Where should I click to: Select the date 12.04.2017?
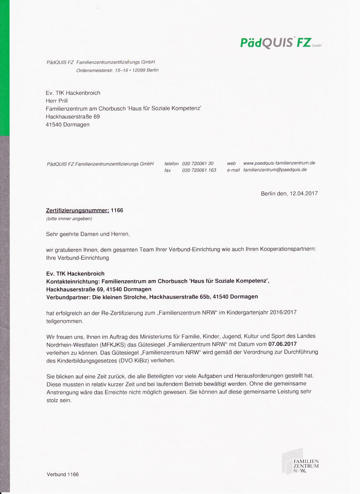[x=304, y=193]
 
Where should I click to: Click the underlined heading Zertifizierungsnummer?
[x=77, y=210]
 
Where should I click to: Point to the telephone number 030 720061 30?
[x=198, y=163]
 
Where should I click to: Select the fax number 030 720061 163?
[x=199, y=170]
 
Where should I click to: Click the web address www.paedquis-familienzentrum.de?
[x=279, y=163]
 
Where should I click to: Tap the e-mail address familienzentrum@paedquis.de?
[x=275, y=170]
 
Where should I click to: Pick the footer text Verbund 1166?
[x=63, y=474]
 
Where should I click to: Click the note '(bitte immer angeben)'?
[x=69, y=219]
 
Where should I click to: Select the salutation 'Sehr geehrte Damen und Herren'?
[x=88, y=234]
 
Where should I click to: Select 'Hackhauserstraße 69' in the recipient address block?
[x=72, y=117]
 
